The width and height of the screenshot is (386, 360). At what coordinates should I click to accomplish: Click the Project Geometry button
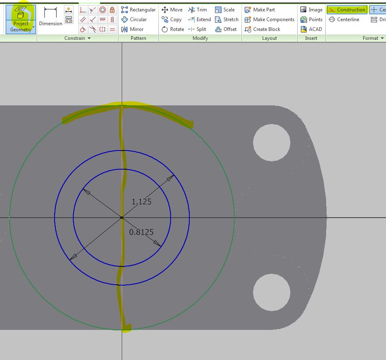pos(21,19)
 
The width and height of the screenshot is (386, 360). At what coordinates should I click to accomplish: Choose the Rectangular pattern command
pos(138,10)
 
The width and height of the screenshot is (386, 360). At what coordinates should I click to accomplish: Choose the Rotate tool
pos(173,29)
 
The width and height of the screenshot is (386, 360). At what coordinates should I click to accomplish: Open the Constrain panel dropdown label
pos(77,38)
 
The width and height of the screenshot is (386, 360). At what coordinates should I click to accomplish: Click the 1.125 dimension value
pos(141,201)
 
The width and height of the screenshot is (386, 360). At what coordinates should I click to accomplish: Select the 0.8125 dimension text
pos(141,232)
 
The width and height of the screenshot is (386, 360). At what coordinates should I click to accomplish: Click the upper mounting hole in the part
pos(272,142)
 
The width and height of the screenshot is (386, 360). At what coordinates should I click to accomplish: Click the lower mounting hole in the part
pos(272,292)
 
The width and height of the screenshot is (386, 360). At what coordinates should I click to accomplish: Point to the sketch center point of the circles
pos(122,218)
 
